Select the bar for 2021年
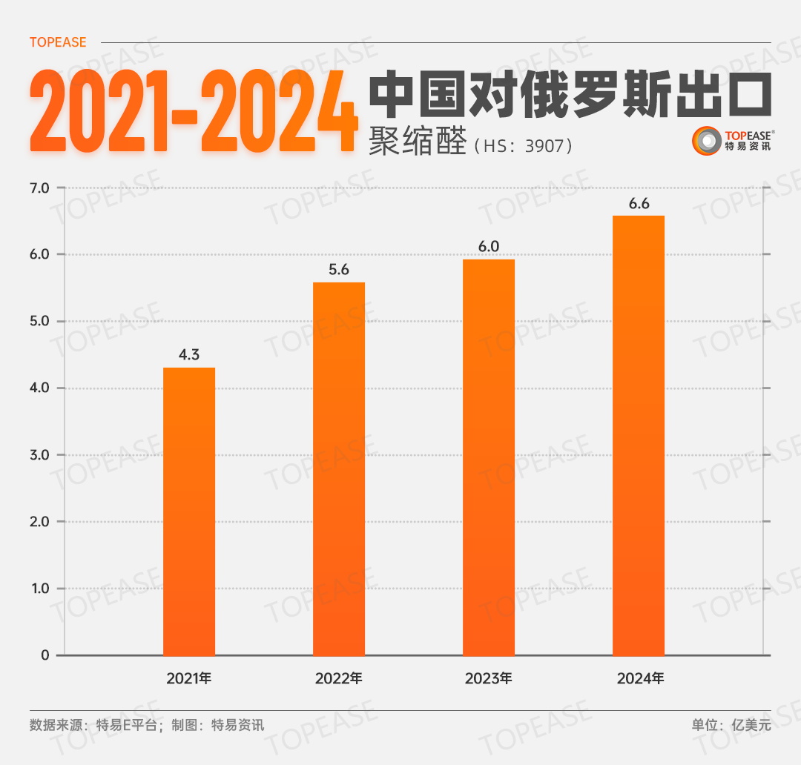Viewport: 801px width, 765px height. point(189,511)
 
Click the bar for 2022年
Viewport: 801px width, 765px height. point(339,468)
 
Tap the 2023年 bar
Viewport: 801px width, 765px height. point(489,457)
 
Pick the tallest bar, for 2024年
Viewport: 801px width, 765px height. point(639,435)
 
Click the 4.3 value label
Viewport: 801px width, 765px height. point(189,354)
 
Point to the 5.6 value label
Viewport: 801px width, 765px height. point(339,270)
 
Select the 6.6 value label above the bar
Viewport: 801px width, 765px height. point(639,204)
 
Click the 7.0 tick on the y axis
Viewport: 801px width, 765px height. point(39,188)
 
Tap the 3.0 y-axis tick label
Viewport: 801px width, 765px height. point(39,455)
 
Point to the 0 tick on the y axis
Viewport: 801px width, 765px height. point(45,655)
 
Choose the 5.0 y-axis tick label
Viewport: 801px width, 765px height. point(39,322)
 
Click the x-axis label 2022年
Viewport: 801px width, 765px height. point(339,678)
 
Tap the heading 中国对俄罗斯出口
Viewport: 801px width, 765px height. point(570,95)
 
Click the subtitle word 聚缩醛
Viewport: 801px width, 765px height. point(416,142)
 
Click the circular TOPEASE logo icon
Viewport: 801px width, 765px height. point(706,141)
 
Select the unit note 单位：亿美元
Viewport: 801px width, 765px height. point(731,725)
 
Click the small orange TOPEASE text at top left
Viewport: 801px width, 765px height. point(58,42)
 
